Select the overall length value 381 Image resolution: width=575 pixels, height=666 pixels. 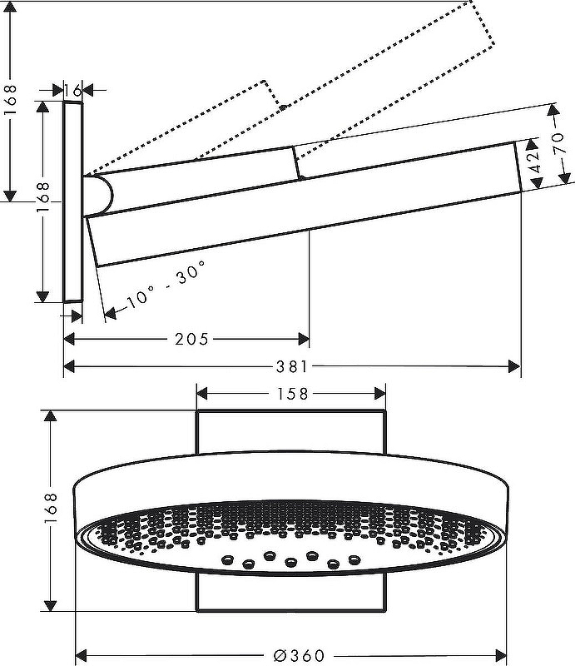(292, 365)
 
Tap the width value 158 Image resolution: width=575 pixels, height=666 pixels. (291, 393)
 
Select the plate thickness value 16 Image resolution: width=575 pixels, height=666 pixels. (72, 89)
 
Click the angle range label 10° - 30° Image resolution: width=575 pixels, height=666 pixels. (166, 286)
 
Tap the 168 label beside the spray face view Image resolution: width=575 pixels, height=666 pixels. (51, 510)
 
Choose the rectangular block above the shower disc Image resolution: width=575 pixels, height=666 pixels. (291, 431)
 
